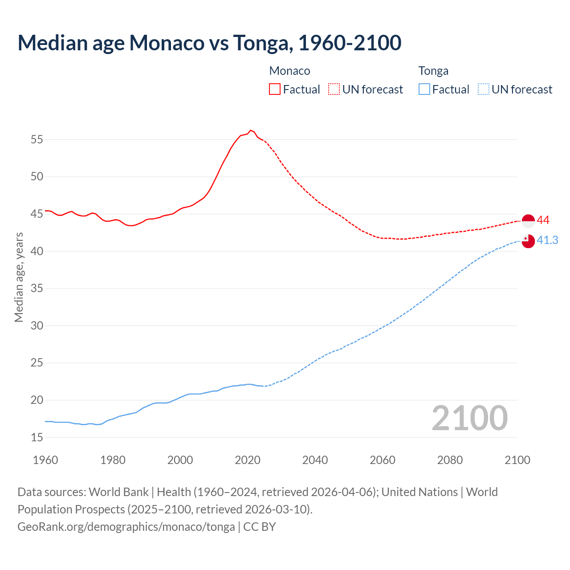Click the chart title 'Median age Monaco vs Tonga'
[x=209, y=43]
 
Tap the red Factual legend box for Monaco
[x=275, y=89]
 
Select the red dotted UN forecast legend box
[x=334, y=89]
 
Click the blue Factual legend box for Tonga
[x=424, y=89]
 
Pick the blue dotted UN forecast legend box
[x=483, y=89]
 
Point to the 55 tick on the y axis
[x=37, y=139]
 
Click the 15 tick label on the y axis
[x=37, y=437]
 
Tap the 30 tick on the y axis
[x=37, y=326]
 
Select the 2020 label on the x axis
[x=248, y=460]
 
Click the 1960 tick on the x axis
[x=45, y=460]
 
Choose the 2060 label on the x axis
[x=383, y=460]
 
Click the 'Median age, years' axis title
[x=19, y=277]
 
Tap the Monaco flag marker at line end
[x=528, y=221]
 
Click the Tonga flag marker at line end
[x=528, y=241]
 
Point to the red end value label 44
[x=543, y=220]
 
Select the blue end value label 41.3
[x=547, y=240]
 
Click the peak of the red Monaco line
[x=251, y=130]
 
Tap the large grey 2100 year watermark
[x=470, y=418]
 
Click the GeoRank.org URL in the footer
[x=126, y=526]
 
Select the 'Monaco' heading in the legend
[x=290, y=71]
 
